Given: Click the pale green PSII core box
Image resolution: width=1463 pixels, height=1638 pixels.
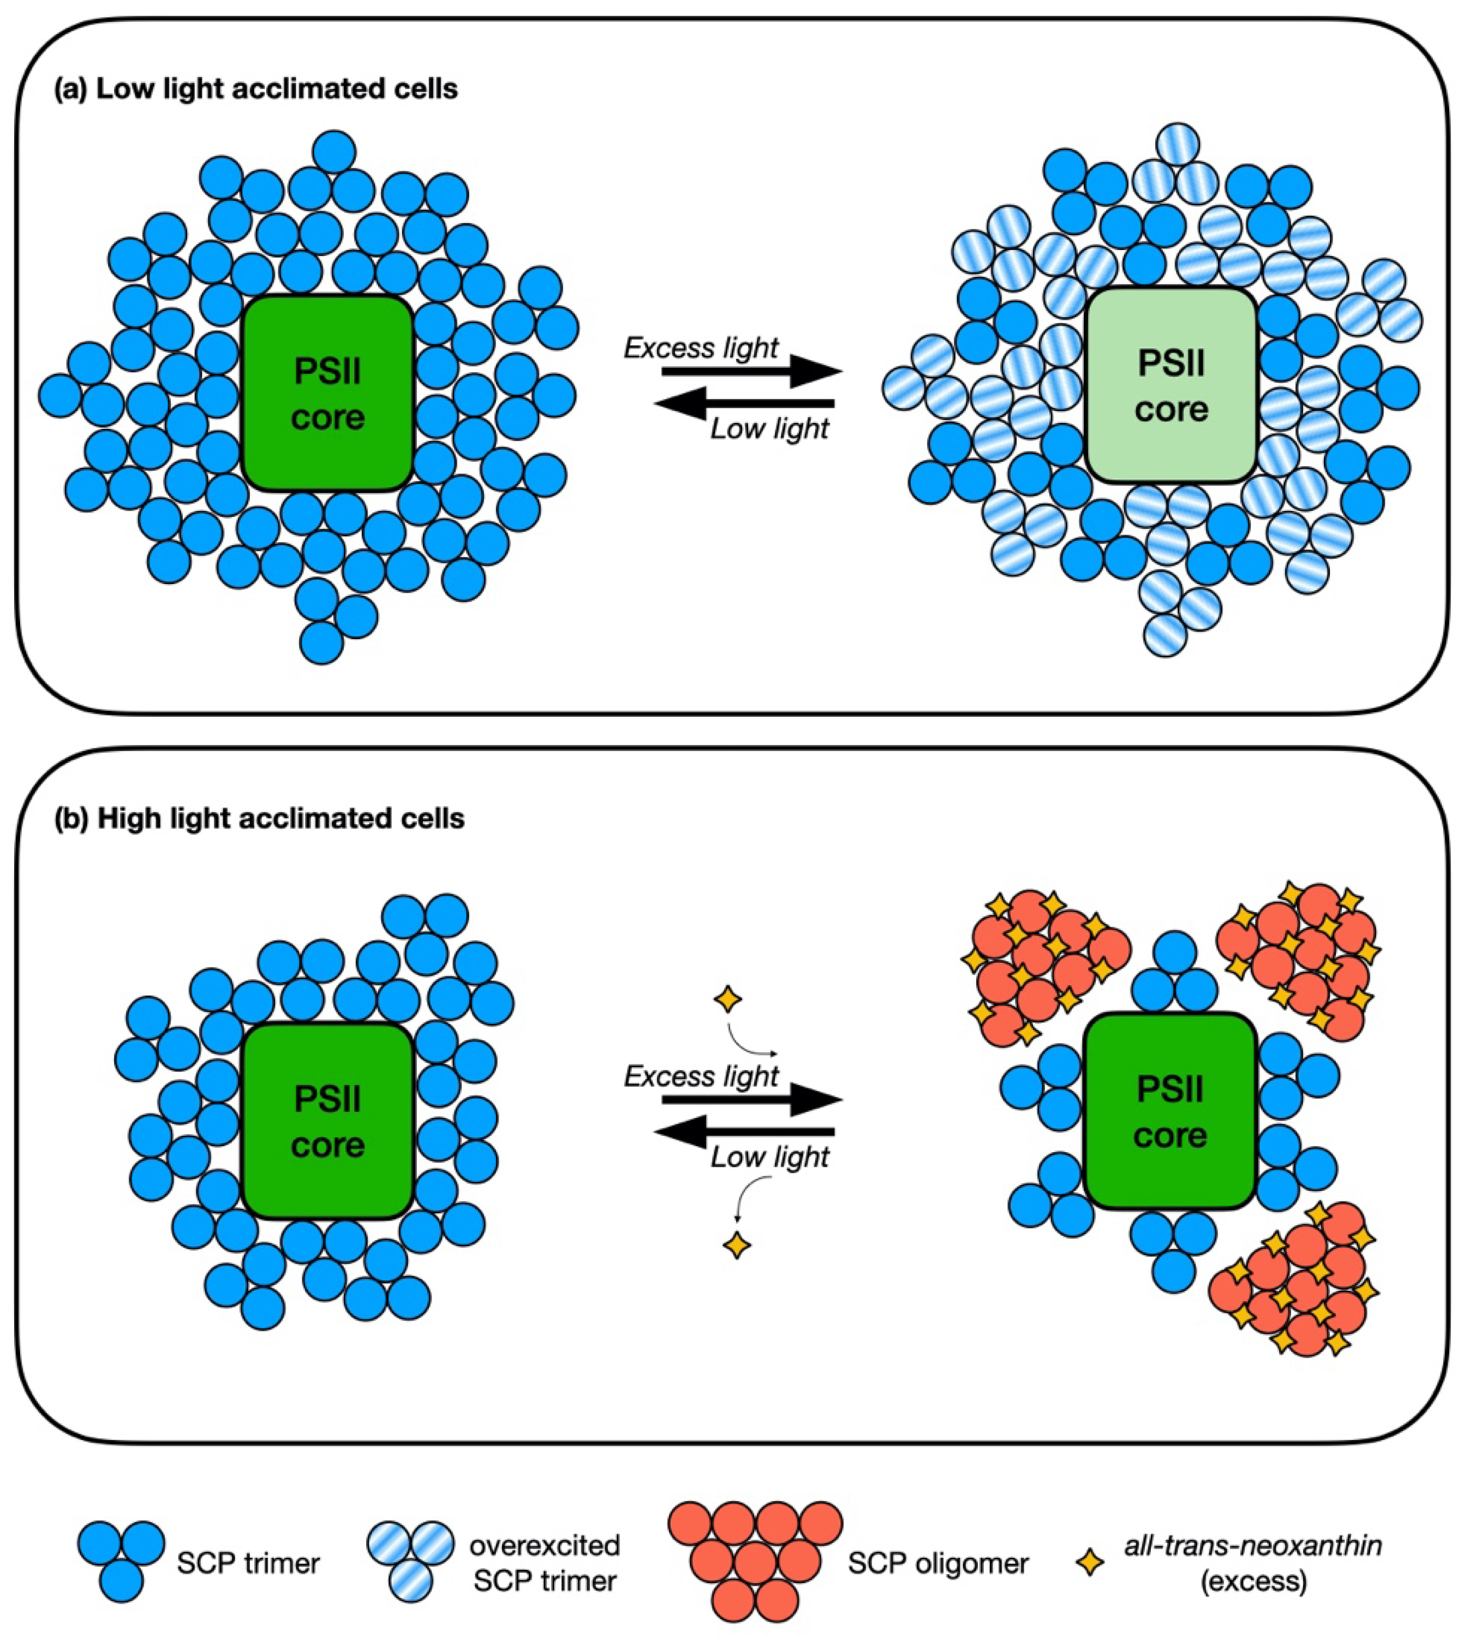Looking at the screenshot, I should (1171, 386).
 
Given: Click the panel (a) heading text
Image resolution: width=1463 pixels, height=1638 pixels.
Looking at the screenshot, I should (255, 88).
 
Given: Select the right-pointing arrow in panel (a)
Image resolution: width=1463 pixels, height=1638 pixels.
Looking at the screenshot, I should (751, 372).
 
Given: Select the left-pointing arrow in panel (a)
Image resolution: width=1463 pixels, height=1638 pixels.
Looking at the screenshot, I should (744, 402).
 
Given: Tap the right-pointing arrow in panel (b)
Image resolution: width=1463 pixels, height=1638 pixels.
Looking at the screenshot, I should (751, 1099).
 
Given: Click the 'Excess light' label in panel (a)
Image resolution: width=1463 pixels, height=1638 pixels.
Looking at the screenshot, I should (701, 348).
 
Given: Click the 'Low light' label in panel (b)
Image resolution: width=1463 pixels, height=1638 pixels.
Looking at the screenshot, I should (769, 1157).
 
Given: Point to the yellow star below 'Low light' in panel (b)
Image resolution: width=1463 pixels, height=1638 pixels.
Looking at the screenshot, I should (736, 1246).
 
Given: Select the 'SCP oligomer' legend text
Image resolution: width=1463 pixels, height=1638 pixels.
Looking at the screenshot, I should (938, 1563).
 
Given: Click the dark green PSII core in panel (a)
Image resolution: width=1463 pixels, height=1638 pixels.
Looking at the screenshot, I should (328, 394).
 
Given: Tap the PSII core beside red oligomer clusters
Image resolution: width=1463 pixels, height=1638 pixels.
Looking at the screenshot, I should (1171, 1112).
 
